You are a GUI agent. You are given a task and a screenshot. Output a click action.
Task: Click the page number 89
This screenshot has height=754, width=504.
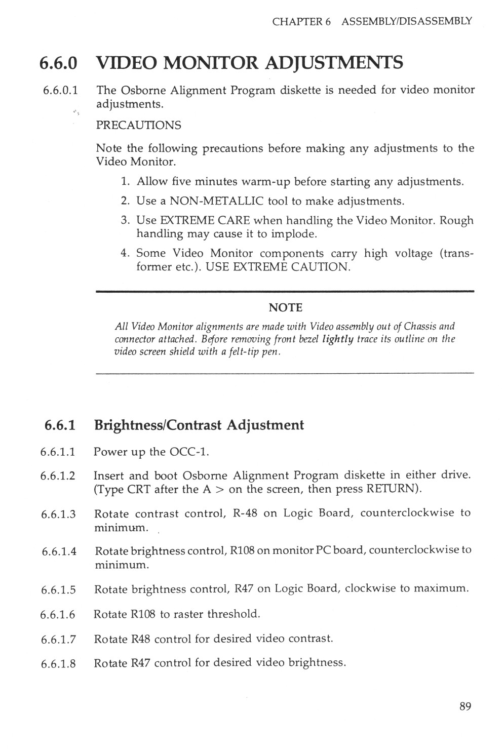coord(466,706)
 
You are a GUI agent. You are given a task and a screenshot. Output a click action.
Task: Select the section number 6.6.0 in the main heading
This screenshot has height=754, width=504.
coord(59,63)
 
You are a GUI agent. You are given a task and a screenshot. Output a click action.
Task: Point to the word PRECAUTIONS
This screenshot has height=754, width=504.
coord(138,125)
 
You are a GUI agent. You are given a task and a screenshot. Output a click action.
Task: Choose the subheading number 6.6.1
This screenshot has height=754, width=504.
coord(60,425)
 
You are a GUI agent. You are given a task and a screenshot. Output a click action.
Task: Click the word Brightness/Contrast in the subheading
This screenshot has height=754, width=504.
coord(158,425)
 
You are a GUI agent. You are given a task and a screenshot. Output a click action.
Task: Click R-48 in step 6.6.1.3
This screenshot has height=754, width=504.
coord(245,513)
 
